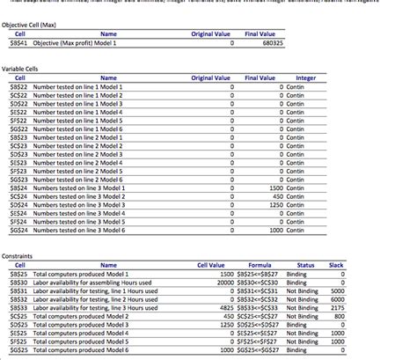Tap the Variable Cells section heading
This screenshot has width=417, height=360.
21,68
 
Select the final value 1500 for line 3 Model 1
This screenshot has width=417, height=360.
274,187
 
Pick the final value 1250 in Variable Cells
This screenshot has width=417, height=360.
274,204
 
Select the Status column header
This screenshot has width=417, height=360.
305,264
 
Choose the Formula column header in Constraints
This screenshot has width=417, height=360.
260,264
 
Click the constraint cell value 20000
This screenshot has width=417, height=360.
222,282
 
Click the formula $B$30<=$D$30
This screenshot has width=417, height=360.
258,282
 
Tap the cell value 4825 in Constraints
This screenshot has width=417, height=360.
223,307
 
